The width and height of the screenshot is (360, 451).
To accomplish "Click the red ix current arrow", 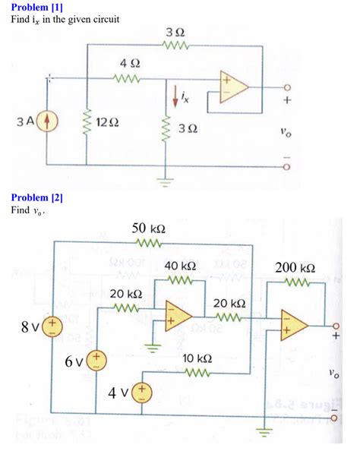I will pos(176,94).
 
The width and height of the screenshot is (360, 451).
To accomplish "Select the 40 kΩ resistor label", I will pos(180,266).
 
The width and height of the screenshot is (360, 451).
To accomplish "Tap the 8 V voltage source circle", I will pos(52,326).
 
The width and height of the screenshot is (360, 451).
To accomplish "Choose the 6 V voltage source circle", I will pos(97,358).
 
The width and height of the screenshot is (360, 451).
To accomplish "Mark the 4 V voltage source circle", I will pos(142,393).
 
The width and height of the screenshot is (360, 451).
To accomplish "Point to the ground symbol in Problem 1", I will pos(166,181).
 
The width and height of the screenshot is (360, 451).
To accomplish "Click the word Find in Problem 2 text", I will pos(20,210).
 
